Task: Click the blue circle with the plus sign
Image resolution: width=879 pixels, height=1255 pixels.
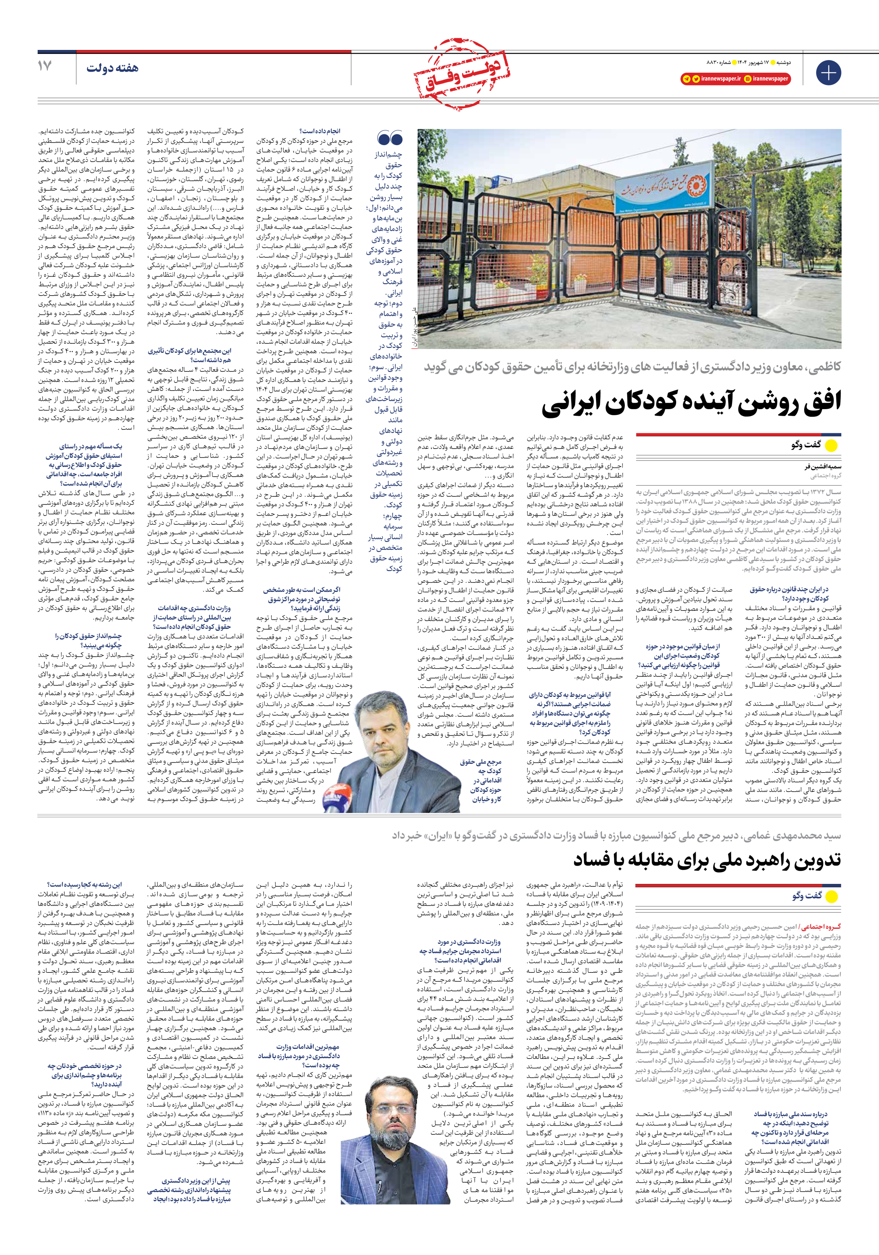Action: [x=828, y=73]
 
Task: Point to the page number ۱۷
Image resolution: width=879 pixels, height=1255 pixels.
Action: [x=45, y=66]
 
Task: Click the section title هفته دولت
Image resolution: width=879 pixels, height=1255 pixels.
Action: [x=112, y=68]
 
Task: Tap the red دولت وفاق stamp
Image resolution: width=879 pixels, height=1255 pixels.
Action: [x=463, y=74]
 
